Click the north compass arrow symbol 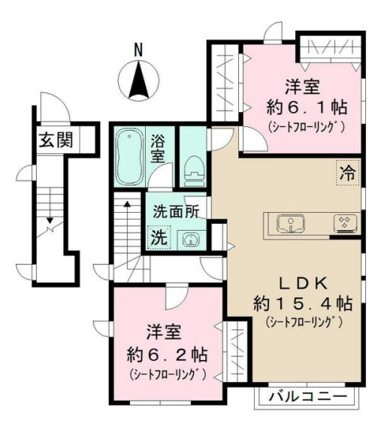pos(139,82)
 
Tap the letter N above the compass pos(138,50)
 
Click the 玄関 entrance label pos(56,140)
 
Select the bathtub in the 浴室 pos(132,156)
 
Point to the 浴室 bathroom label pos(159,150)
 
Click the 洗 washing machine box pos(159,236)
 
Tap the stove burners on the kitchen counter pos(346,223)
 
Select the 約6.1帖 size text pos(305,106)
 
